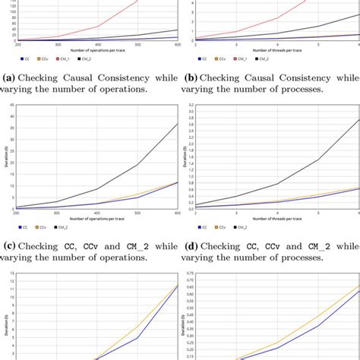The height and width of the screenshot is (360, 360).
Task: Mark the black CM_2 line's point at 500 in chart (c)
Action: [x=137, y=165]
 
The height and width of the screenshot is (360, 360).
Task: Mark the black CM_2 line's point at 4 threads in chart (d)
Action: [x=276, y=184]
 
